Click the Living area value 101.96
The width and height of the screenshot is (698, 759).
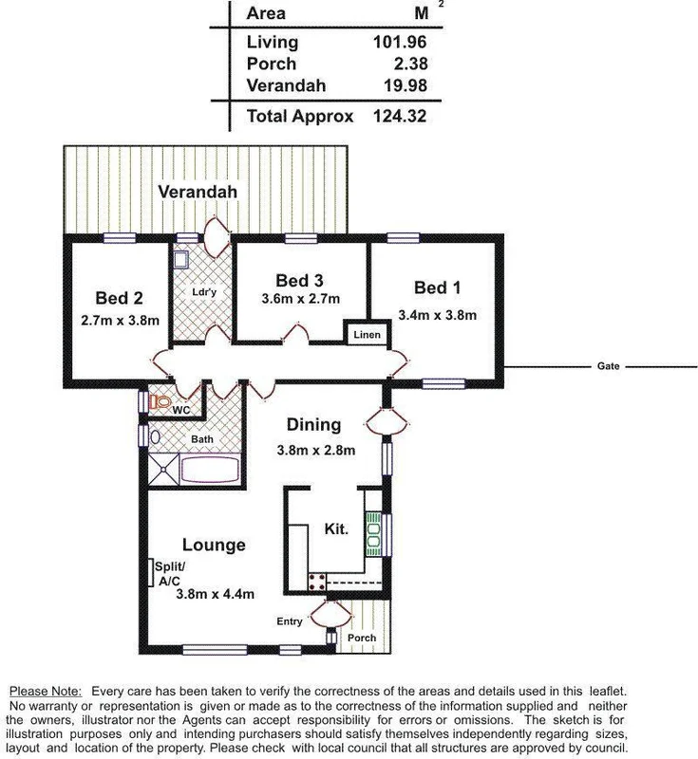point(401,42)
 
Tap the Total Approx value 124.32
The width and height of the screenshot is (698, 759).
point(401,117)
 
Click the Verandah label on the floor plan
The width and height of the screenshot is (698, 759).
point(197,192)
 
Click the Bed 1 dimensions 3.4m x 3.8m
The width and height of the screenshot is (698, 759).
point(437,315)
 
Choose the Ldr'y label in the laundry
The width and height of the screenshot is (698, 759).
point(205,291)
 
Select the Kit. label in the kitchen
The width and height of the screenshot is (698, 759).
point(336,528)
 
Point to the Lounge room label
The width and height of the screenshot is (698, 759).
point(214,545)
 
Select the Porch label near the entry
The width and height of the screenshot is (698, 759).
point(361,638)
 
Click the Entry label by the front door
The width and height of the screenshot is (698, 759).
point(290,621)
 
